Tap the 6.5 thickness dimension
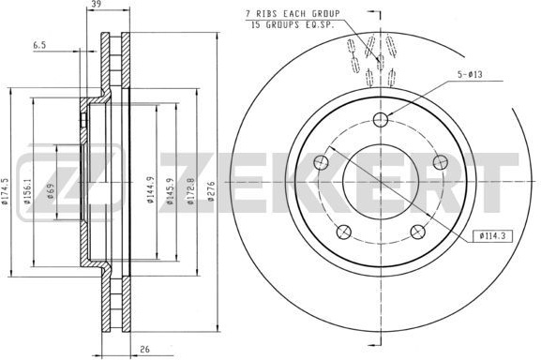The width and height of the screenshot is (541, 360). [39, 45]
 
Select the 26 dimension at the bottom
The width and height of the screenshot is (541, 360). [145, 349]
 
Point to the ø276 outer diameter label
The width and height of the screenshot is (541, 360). [211, 191]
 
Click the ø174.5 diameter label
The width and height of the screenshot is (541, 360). [5, 191]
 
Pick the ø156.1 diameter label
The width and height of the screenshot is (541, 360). [27, 191]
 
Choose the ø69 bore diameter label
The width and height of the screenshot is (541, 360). [51, 191]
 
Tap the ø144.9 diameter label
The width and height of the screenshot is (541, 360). [150, 189]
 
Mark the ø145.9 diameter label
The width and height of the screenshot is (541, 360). [170, 191]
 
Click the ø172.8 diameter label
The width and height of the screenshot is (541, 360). [190, 191]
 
